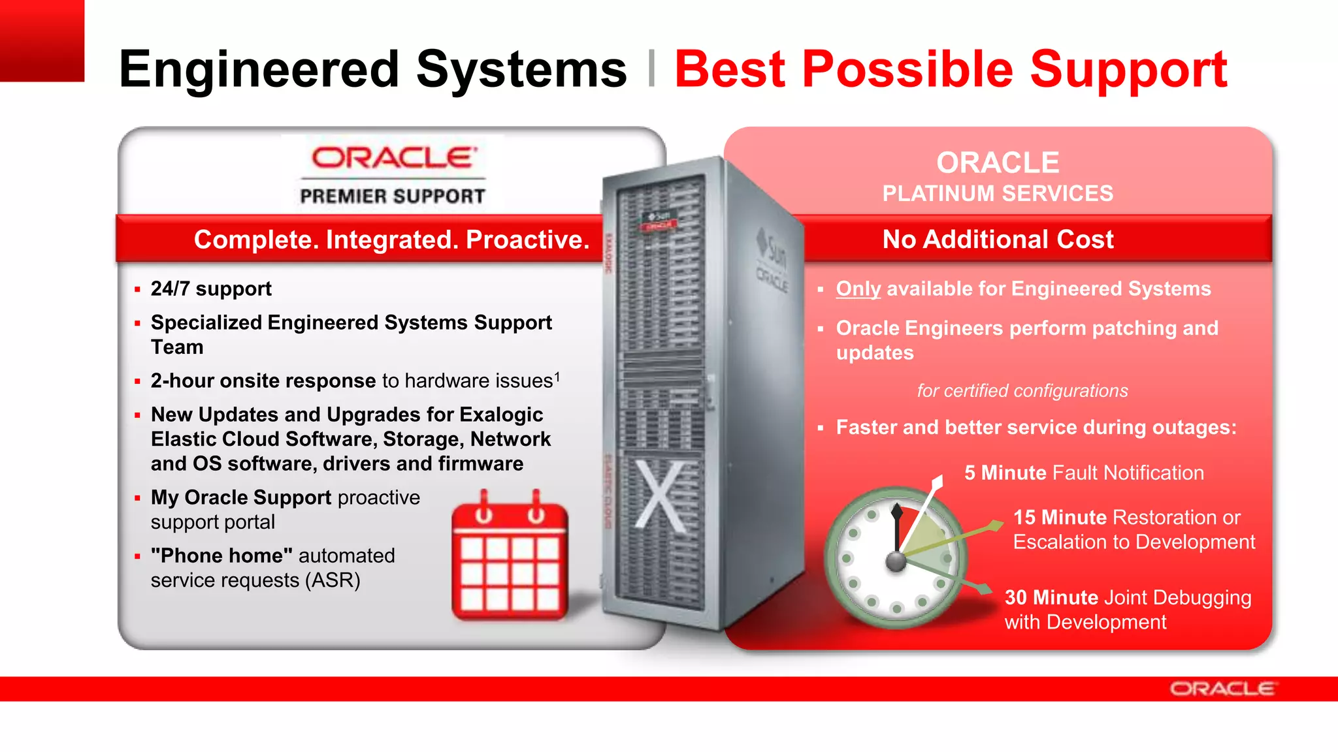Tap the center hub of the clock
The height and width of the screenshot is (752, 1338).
click(896, 560)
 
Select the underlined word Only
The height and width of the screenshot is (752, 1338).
click(858, 289)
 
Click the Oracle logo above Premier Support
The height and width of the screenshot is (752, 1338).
click(393, 157)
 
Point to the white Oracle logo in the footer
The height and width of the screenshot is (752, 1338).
click(1222, 689)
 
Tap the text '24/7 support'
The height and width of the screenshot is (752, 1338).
click(210, 289)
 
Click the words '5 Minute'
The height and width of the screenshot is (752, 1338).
click(1005, 473)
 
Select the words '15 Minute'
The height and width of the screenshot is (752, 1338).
click(1059, 518)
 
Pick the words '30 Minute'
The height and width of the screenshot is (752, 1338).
click(1051, 597)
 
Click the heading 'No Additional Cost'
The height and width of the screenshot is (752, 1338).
click(998, 240)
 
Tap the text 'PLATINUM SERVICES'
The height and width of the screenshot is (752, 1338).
click(998, 194)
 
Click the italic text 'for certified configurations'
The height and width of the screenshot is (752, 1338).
click(1022, 391)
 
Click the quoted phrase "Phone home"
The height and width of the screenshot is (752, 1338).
click(221, 556)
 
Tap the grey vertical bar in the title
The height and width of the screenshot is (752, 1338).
click(651, 69)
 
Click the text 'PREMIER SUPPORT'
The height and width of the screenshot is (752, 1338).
click(393, 196)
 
